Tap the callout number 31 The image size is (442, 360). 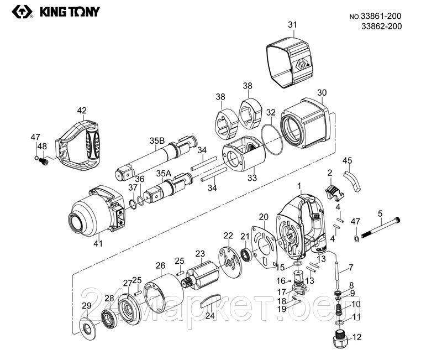coord(292,24)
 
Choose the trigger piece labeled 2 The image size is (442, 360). coord(333,191)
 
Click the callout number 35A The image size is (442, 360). coord(164,174)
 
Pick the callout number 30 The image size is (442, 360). coord(322,92)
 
